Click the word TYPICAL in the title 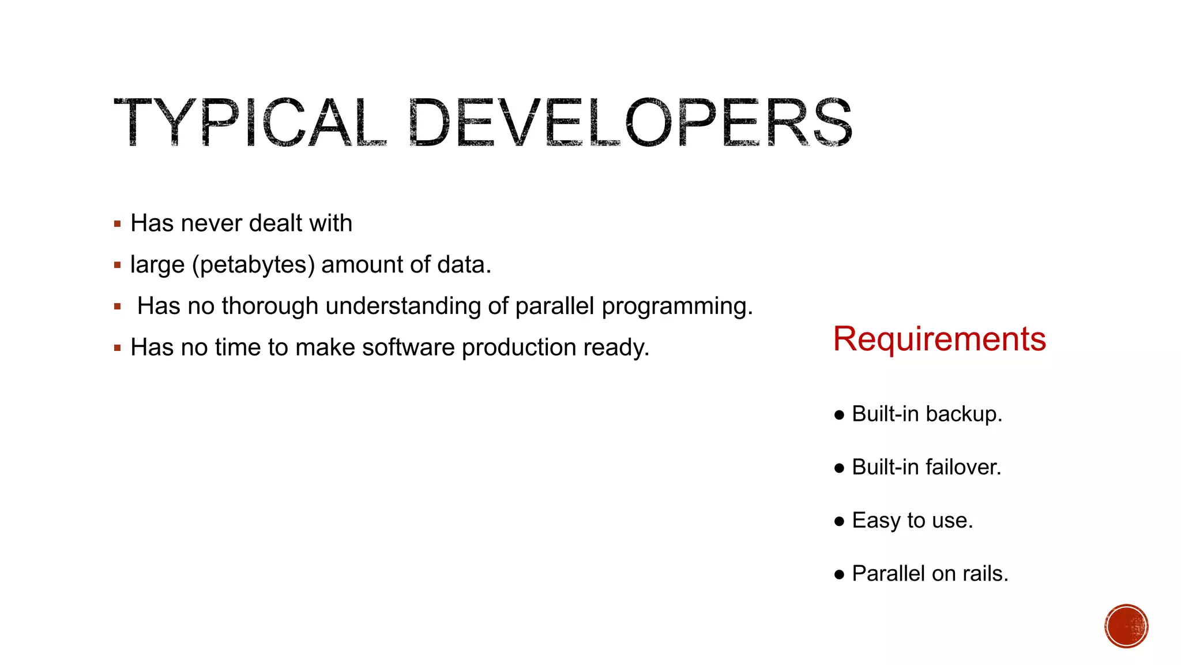(x=249, y=122)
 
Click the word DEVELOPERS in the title (x=630, y=122)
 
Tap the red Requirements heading (x=939, y=339)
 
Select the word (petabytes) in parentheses (x=254, y=265)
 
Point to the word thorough (x=270, y=306)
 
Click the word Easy (x=877, y=521)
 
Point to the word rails (x=986, y=574)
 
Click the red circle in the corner (x=1126, y=626)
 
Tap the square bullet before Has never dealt (x=118, y=224)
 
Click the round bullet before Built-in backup (x=839, y=415)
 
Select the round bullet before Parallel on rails (x=839, y=574)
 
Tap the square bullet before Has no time (x=118, y=348)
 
